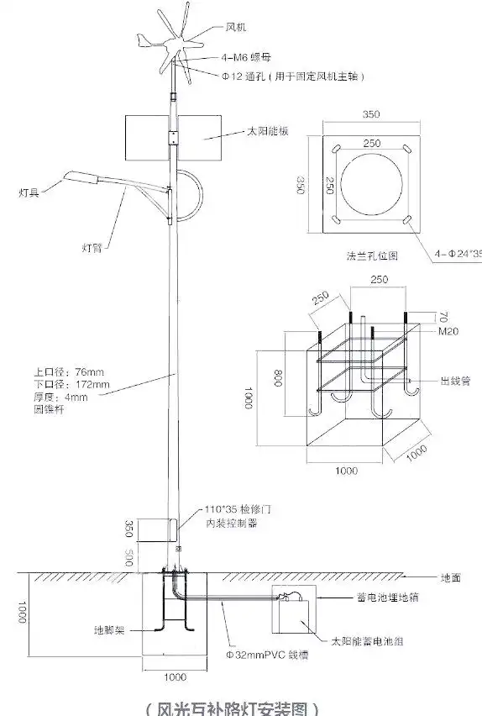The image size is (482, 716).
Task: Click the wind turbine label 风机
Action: point(237,28)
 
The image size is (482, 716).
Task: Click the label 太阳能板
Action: point(267,132)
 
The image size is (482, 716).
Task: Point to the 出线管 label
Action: point(453,380)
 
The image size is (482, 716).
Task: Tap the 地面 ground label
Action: point(452,578)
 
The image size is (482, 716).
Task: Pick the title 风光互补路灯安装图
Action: point(232,707)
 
